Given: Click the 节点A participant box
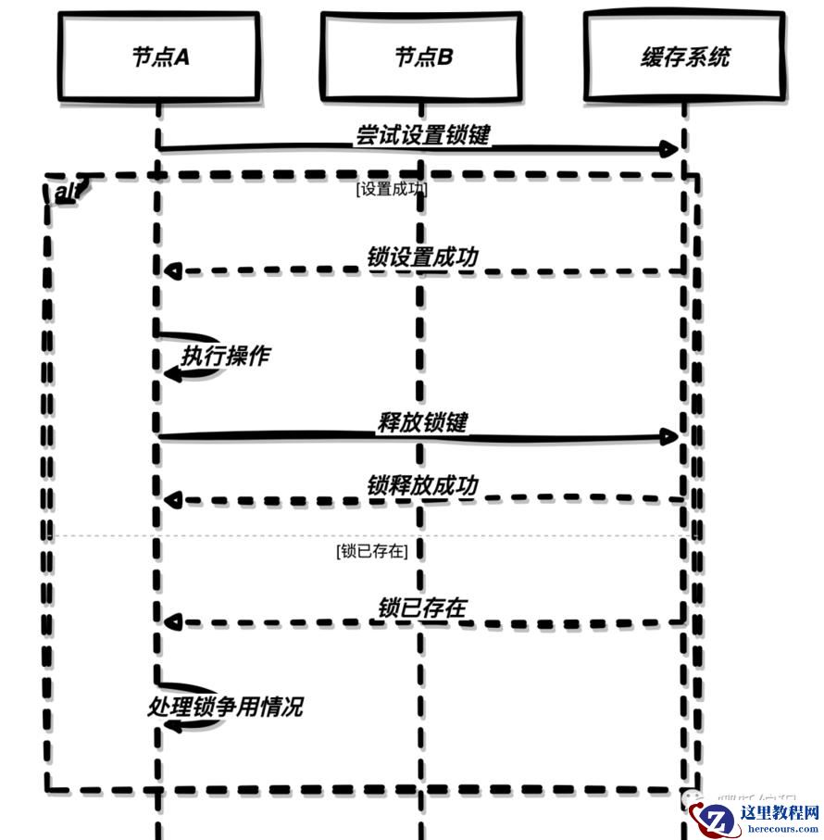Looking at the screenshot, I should point(159,56).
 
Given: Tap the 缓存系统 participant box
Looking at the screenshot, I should point(685,56).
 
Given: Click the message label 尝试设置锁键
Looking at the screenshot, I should point(422,134).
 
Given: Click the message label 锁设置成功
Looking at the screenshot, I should point(422,257).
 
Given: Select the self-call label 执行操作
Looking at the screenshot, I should point(226,356).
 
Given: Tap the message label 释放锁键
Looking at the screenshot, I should point(422,422).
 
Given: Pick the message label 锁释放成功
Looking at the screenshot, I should point(422,485).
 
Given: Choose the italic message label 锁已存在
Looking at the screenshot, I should point(422,608).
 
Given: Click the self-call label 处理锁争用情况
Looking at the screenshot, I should point(225,708).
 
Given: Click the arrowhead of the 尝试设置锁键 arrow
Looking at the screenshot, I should point(671,149).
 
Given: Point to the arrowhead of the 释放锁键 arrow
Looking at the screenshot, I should point(671,437).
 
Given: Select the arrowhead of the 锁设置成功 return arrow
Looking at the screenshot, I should point(170,271).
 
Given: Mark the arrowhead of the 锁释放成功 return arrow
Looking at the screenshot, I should point(170,501).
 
